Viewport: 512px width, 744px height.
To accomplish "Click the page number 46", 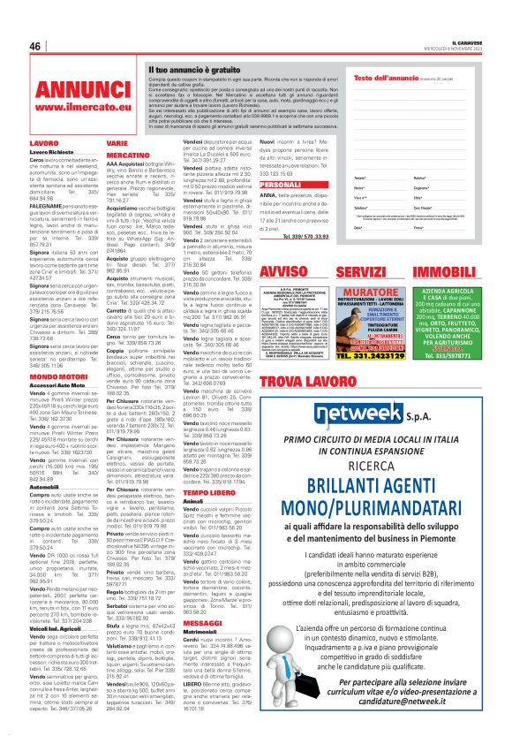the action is pyautogui.click(x=36, y=46).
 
